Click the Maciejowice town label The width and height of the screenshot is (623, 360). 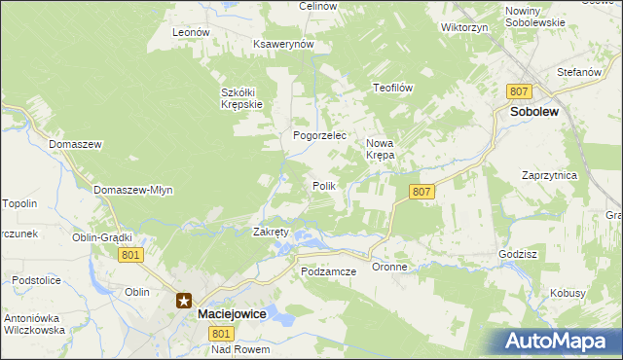point(232,315)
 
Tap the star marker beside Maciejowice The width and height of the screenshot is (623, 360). point(184,302)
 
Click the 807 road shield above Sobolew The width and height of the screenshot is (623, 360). point(519,90)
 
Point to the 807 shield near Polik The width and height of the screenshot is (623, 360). point(421,192)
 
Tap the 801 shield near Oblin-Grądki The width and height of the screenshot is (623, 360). point(132,254)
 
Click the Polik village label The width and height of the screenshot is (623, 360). point(324,185)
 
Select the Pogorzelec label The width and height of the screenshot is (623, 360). point(320,135)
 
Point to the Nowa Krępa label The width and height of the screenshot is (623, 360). point(380,148)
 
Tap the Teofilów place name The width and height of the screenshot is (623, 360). point(394,88)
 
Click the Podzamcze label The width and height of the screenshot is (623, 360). point(329,271)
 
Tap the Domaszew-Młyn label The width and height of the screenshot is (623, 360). point(133,190)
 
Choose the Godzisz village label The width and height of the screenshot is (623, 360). point(517,253)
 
